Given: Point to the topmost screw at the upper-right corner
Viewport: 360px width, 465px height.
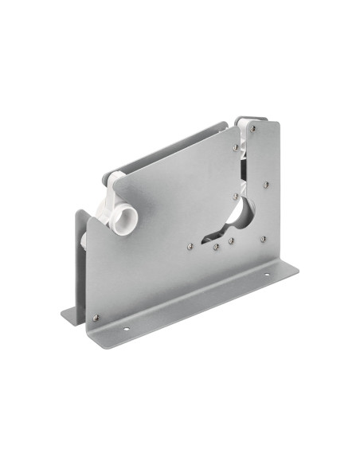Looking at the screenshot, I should (253, 127).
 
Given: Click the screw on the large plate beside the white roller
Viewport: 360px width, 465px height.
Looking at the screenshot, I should (237, 147).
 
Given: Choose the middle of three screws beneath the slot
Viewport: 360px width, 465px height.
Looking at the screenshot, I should (216, 247).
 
